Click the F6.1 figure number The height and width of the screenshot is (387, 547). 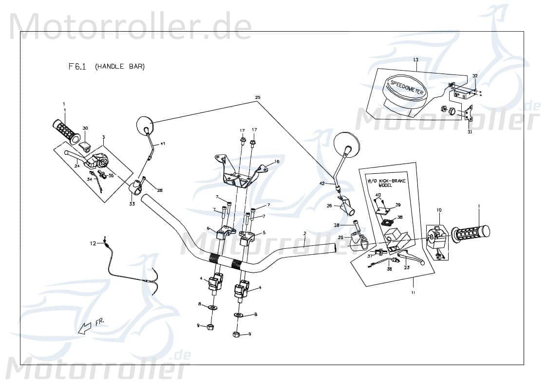(77, 67)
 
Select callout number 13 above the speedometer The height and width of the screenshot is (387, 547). (415, 60)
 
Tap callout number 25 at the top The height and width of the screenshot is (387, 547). (258, 98)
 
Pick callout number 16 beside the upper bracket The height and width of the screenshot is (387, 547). (277, 162)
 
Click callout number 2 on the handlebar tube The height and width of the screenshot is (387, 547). (304, 233)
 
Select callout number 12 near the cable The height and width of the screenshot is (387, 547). (93, 242)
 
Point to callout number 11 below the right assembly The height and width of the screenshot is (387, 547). (413, 293)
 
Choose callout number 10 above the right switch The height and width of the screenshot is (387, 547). (439, 210)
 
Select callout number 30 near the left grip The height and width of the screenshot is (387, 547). (85, 128)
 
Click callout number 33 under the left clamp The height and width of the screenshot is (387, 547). (132, 204)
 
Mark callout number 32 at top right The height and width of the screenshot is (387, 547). (475, 76)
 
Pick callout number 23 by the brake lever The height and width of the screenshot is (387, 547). (407, 267)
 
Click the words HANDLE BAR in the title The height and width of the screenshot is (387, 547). (120, 67)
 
